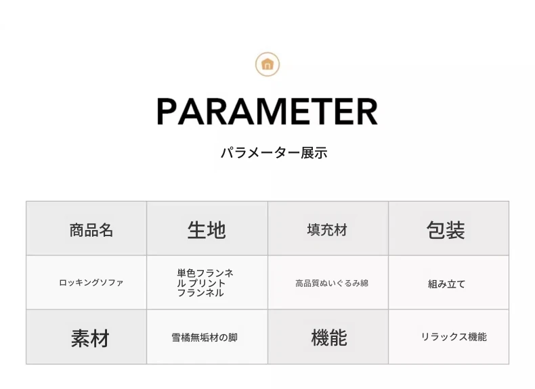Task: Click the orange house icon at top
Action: pyautogui.click(x=267, y=64)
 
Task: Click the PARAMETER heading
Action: pyautogui.click(x=267, y=112)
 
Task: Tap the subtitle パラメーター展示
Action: pyautogui.click(x=274, y=152)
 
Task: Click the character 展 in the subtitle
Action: pyautogui.click(x=307, y=152)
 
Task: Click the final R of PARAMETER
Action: pyautogui.click(x=367, y=112)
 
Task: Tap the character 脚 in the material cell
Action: pyautogui.click(x=233, y=338)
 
